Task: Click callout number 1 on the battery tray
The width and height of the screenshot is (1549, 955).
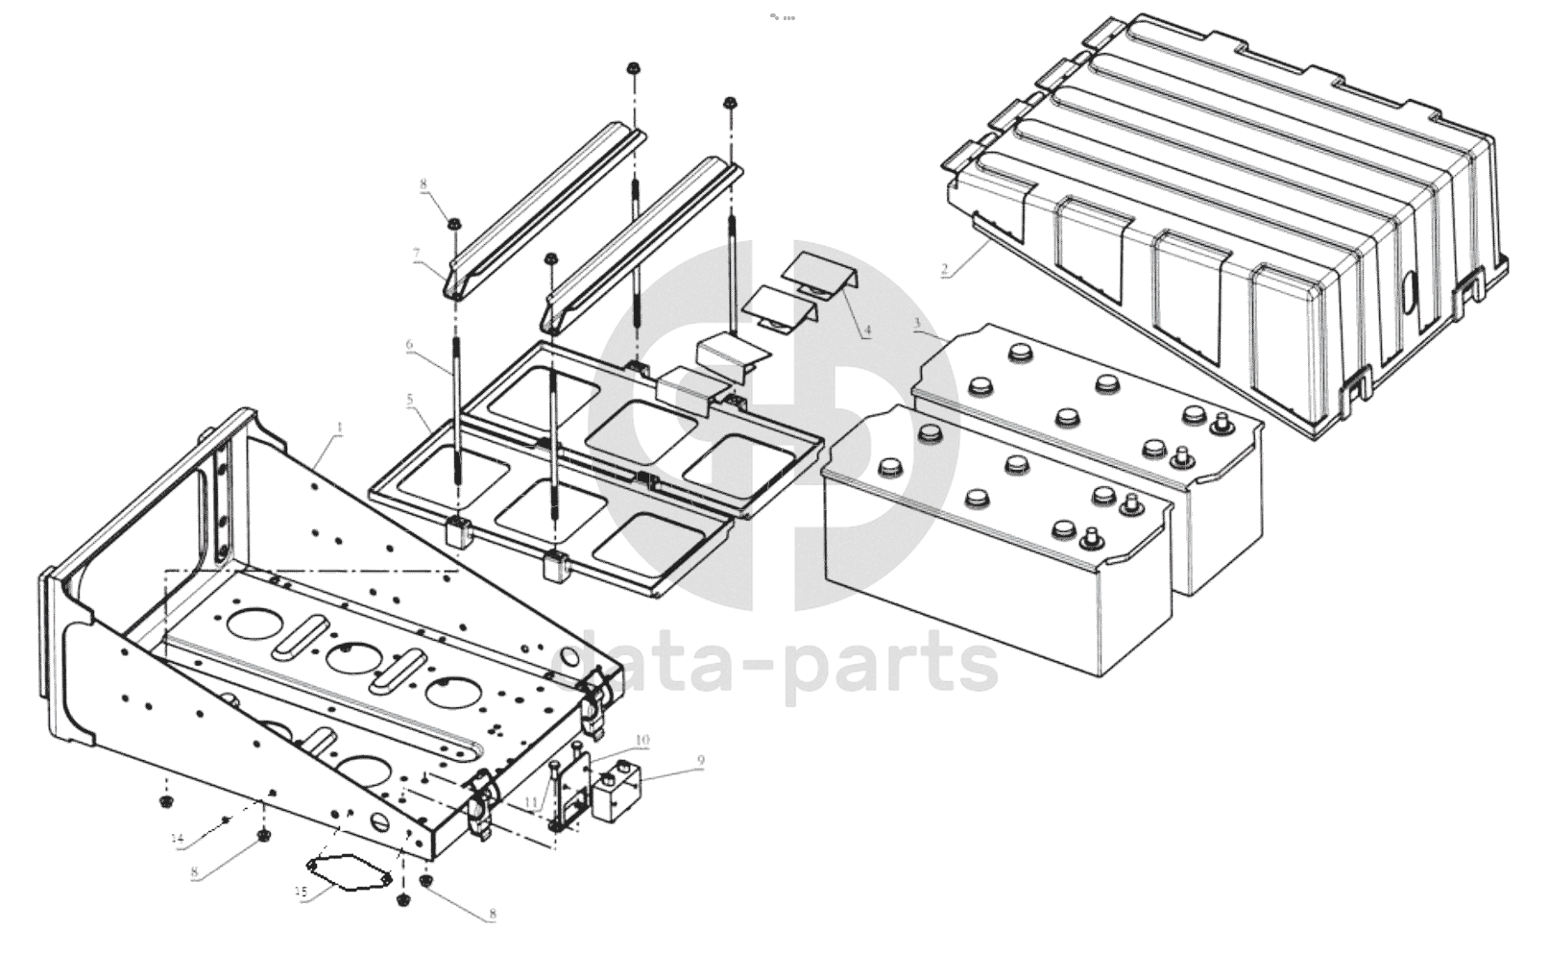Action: (338, 426)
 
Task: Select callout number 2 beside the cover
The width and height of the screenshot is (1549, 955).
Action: (946, 271)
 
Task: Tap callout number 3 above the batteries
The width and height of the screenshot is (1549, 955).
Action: (918, 323)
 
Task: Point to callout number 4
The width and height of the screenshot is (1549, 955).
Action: (866, 331)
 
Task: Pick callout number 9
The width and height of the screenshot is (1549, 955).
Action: (700, 761)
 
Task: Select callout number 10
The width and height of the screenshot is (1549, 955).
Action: (641, 740)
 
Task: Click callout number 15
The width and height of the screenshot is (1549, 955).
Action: (301, 892)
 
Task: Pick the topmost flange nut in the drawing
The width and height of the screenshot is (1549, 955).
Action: (633, 68)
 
